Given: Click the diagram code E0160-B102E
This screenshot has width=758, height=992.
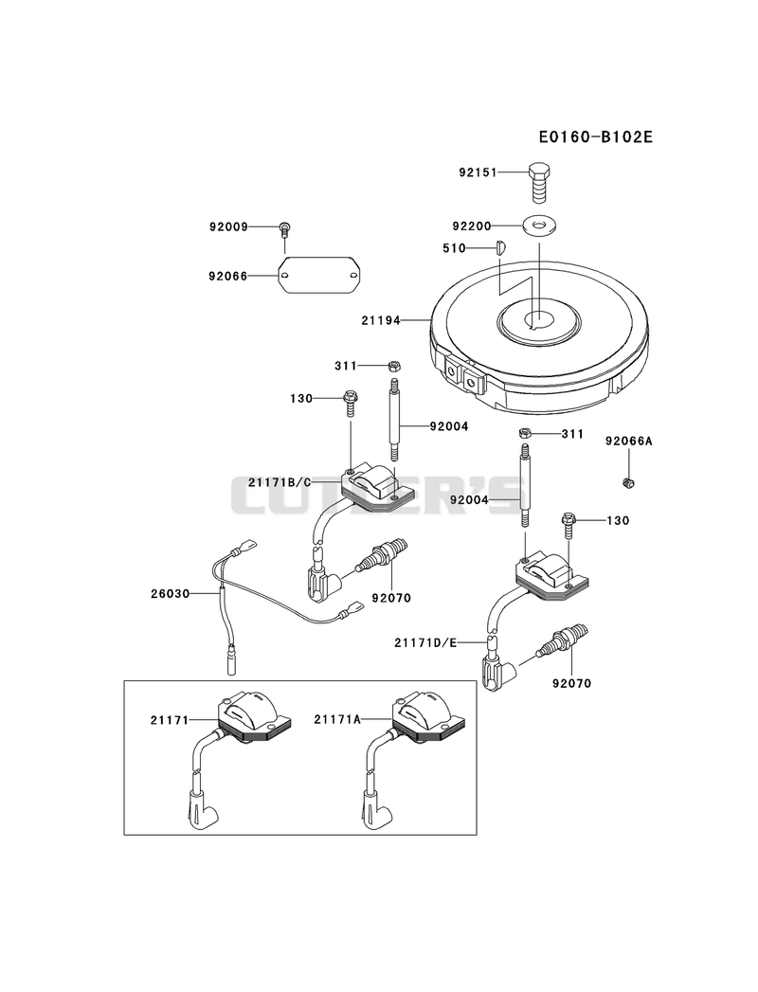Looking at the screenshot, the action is [x=595, y=136].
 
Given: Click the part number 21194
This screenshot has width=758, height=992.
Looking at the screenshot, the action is [x=381, y=321].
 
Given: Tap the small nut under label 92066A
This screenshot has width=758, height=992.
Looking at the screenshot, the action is [x=628, y=483].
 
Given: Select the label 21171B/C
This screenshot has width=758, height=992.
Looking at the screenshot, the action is [x=279, y=482].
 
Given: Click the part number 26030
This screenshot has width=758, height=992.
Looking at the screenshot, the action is [x=171, y=593].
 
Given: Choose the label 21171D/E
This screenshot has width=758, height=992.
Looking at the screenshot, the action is [x=425, y=642].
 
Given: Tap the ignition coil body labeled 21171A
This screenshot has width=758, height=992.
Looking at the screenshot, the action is [x=429, y=717].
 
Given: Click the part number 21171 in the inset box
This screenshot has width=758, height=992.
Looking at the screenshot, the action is [x=170, y=720].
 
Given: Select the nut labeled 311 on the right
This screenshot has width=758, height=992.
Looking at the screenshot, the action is [x=524, y=433].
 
